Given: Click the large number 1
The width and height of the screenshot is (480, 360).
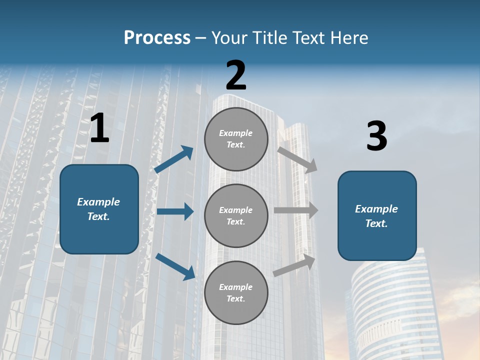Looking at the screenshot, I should pyautogui.click(x=99, y=128).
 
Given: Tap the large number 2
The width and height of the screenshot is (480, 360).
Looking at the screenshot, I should pyautogui.click(x=236, y=75).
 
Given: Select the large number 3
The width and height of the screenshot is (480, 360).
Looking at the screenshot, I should pyautogui.click(x=376, y=136).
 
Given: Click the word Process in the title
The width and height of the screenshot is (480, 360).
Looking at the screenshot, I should pyautogui.click(x=157, y=37).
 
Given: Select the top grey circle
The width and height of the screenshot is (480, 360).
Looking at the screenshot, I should pyautogui.click(x=236, y=139).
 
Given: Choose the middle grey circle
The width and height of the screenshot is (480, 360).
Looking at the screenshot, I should pyautogui.click(x=236, y=215).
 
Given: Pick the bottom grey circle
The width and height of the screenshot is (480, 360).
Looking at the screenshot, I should pyautogui.click(x=236, y=292).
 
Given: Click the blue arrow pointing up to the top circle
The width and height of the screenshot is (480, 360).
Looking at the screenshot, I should pyautogui.click(x=174, y=159).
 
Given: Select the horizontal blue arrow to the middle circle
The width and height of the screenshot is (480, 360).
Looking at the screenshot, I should pyautogui.click(x=175, y=211).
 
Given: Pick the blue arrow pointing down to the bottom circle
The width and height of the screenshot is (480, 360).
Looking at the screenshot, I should pyautogui.click(x=175, y=266).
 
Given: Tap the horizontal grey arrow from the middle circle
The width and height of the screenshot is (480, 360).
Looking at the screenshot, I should pyautogui.click(x=296, y=210).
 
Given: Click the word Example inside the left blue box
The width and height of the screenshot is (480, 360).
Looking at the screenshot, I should pyautogui.click(x=98, y=202).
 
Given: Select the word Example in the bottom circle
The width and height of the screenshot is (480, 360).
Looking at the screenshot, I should pyautogui.click(x=235, y=287).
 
